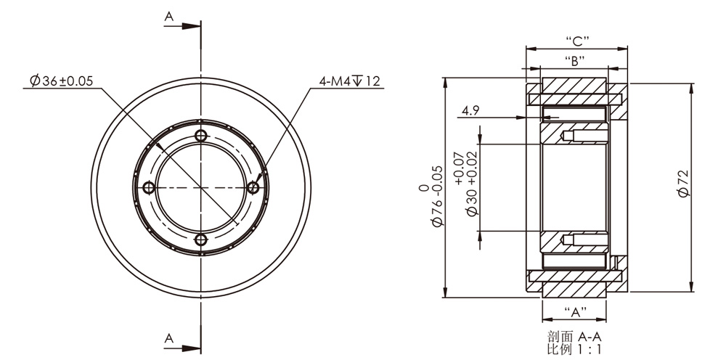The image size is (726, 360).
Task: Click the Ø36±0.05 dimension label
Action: [62, 81]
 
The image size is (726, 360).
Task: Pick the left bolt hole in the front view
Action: [149, 187]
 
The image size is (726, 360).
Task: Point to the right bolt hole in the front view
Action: [253, 187]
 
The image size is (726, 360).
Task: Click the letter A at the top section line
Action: [169, 12]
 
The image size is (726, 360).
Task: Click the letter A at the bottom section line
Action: [169, 338]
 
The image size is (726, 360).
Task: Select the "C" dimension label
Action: [576, 39]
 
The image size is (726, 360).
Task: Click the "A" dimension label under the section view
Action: [575, 313]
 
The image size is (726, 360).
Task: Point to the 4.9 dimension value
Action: [471, 111]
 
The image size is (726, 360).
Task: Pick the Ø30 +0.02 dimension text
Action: [471, 192]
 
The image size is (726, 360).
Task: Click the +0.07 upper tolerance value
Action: [457, 168]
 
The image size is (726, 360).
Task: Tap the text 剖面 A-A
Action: [575, 337]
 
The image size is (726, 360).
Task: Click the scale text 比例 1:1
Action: [575, 349]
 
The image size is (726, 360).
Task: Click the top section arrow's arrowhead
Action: [192, 25]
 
